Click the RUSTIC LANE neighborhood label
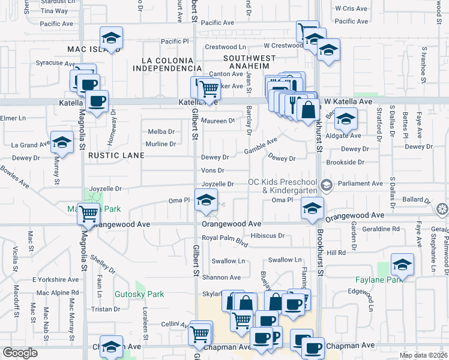pos(116,155)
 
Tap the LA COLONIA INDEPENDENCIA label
pos(167,65)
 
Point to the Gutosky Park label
pos(139,295)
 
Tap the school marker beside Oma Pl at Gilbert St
pos(205,201)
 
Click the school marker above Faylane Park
pos(402,265)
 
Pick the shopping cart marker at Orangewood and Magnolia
pos(89,213)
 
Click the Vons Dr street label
pos(213,170)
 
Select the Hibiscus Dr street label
pos(267,235)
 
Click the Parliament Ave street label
pos(360,184)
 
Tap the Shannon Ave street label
pos(221,277)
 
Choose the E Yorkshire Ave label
pos(55,280)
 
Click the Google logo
pos(20,353)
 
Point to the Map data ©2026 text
pos(423,355)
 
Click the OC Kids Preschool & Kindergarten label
pos(285,187)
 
